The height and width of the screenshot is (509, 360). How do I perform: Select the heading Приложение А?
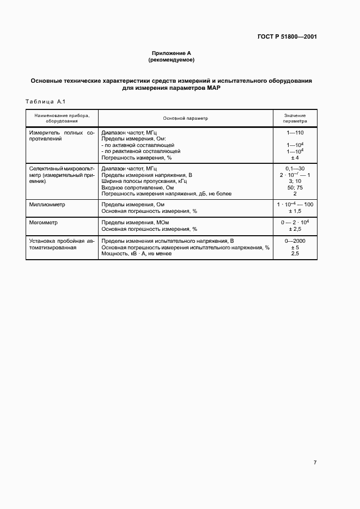coord(171,53)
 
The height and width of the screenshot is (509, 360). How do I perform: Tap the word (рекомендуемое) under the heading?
coord(171,60)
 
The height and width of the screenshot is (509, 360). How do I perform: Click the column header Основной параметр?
coord(185,118)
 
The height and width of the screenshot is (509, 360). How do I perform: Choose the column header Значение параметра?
coord(295,118)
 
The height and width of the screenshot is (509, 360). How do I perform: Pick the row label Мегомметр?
coord(44,223)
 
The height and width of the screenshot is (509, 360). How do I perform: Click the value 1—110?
coord(295,133)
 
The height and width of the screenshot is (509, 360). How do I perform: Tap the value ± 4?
coord(295,157)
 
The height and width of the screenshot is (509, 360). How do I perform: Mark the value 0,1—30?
coord(295,169)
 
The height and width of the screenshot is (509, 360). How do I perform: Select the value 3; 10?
coord(295,181)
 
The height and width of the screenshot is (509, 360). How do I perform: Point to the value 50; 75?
coord(295,187)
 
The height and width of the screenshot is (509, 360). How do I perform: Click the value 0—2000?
coord(295,241)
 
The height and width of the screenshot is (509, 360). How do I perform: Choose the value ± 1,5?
coord(295,211)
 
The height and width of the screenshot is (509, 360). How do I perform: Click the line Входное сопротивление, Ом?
coord(137,187)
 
